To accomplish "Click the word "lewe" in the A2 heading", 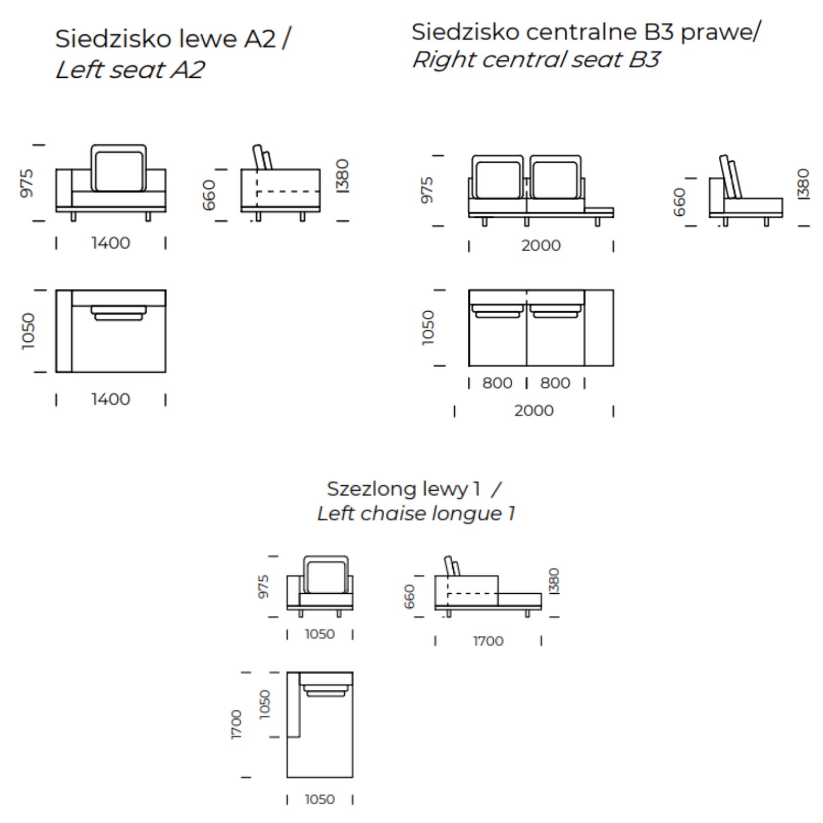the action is [x=207, y=39].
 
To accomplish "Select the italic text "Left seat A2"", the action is [x=130, y=69].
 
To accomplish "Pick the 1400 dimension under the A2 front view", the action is [x=110, y=243].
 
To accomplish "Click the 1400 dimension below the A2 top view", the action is [x=110, y=399].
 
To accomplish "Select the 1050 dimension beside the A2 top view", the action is [x=28, y=331].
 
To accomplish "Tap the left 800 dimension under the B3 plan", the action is [x=497, y=383].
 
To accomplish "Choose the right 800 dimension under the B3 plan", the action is [x=555, y=383].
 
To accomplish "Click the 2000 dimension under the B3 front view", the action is [x=541, y=245].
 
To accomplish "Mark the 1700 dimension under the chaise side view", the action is [x=488, y=641].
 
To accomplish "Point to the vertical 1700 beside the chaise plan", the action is [x=236, y=724].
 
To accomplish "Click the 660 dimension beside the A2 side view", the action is [x=208, y=195].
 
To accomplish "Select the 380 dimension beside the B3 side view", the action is [x=802, y=184].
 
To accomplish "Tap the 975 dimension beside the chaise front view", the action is [x=263, y=587].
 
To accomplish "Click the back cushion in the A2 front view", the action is [x=119, y=169].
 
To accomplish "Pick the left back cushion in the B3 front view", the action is [x=498, y=177].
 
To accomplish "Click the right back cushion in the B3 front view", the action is [x=555, y=177].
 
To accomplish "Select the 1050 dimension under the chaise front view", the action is [x=319, y=634].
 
